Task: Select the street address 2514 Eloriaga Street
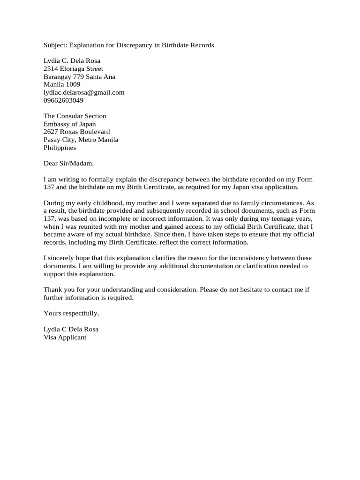pos(73,69)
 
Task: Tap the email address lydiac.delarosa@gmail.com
pos(84,93)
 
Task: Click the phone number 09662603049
pos(63,100)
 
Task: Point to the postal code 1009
pos(74,85)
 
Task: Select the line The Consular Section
pos(75,116)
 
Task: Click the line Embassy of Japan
pos(69,124)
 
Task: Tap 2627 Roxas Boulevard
pos(76,132)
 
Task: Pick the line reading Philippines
pos(60,148)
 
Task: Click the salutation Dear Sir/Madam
pos(68,164)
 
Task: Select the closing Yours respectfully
pos(71,313)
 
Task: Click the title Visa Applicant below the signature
pos(65,337)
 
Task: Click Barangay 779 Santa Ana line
pos(79,77)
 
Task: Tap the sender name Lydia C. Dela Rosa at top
pos(72,61)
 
